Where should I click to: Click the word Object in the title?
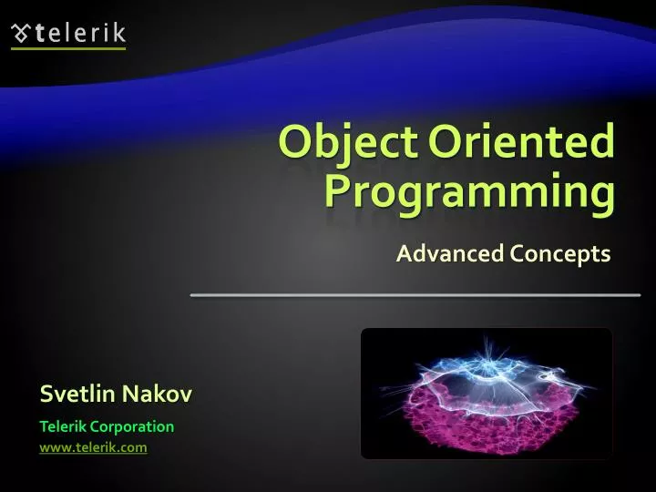click(346, 143)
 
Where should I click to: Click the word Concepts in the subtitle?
click(559, 254)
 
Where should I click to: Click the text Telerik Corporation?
click(107, 425)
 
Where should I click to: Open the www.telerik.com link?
click(93, 446)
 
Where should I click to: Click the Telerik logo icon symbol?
click(20, 35)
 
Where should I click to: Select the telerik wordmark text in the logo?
click(80, 35)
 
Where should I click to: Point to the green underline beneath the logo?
click(68, 48)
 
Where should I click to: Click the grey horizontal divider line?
click(415, 295)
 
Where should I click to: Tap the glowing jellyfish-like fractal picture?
click(487, 393)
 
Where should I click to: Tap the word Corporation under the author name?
click(138, 425)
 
